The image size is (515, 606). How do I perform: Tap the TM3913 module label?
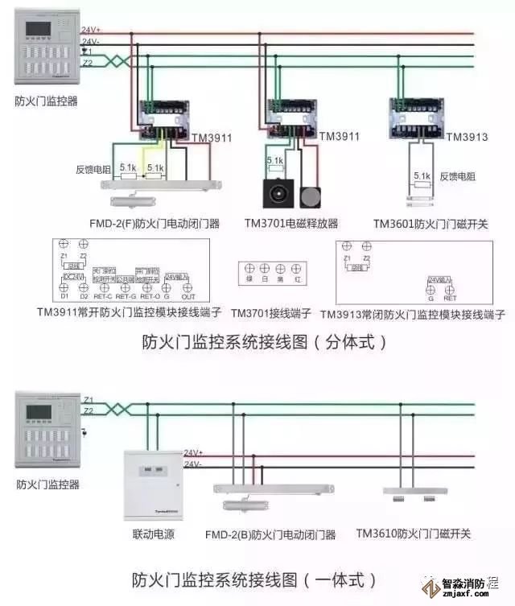[x=467, y=137]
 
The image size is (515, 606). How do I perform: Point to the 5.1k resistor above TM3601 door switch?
[x=422, y=175]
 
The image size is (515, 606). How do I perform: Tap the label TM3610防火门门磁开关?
[x=413, y=534]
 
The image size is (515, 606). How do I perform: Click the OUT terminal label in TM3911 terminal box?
[x=187, y=296]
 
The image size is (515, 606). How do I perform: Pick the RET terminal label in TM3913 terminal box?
[x=450, y=298]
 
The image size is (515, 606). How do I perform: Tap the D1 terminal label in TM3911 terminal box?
[x=64, y=296]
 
